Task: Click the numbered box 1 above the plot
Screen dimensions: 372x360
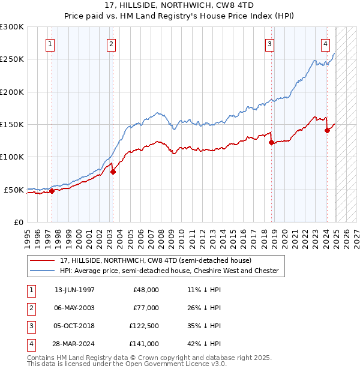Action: pos(50,44)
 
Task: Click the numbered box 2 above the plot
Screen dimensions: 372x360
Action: pos(112,44)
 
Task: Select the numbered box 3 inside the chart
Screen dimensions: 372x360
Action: pos(270,44)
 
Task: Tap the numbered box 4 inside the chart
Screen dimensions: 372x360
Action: pos(325,44)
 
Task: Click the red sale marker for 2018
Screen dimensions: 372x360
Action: pos(271,143)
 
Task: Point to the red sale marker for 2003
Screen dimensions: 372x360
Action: pos(113,172)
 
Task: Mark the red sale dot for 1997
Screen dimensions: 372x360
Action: pos(52,191)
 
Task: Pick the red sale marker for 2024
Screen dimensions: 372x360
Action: pos(327,130)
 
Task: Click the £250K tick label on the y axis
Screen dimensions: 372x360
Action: pos(12,59)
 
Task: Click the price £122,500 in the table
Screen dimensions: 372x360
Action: pos(144,326)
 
